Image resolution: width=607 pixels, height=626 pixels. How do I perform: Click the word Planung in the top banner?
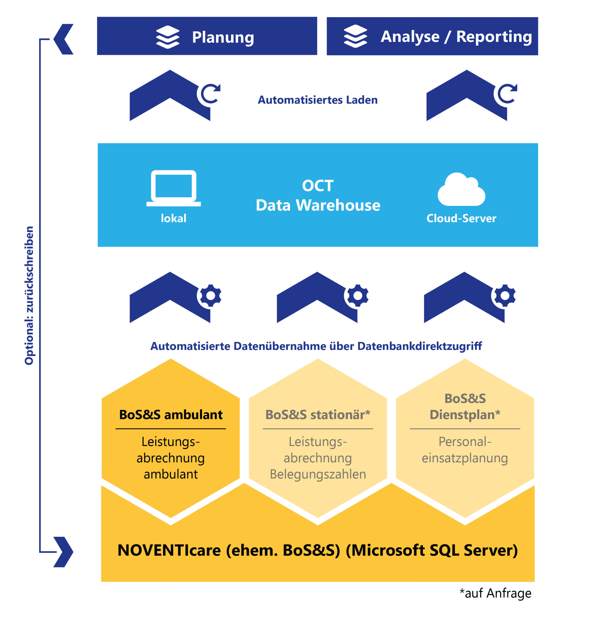(x=223, y=37)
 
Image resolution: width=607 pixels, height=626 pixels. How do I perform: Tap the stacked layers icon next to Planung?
(x=168, y=37)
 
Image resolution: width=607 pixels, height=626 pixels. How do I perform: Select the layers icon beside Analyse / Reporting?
(x=355, y=36)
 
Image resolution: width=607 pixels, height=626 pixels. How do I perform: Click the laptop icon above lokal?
(x=173, y=188)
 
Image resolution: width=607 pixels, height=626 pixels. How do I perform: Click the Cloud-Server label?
(x=461, y=218)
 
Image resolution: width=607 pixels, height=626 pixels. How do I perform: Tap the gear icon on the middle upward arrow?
(x=358, y=295)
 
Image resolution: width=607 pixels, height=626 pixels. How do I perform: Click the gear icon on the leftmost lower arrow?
(x=210, y=295)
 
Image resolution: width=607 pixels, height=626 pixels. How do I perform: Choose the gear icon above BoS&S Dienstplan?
(x=505, y=295)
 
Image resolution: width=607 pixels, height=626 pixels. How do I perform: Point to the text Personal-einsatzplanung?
(x=465, y=450)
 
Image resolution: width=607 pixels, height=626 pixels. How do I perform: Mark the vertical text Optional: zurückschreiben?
(x=29, y=295)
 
